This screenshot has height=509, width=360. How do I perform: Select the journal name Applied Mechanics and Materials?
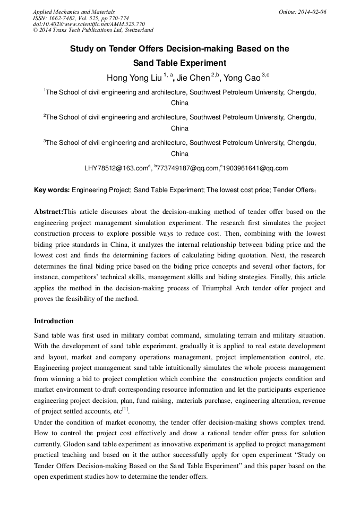pyautogui.click(x=73, y=12)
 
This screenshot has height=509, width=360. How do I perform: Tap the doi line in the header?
pyautogui.click(x=88, y=24)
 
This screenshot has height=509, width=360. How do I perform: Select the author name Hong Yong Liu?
pyautogui.click(x=134, y=78)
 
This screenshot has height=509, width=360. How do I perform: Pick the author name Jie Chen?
pyautogui.click(x=193, y=78)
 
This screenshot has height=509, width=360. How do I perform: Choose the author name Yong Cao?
pyautogui.click(x=242, y=78)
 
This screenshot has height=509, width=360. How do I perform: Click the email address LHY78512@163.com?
pyautogui.click(x=115, y=168)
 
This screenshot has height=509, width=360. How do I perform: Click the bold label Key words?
pyautogui.click(x=52, y=189)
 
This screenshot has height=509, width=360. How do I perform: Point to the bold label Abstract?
pyautogui.click(x=48, y=211)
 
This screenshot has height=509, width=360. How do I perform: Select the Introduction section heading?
pyautogui.click(x=54, y=321)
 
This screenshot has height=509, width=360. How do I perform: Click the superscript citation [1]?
pyautogui.click(x=125, y=409)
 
